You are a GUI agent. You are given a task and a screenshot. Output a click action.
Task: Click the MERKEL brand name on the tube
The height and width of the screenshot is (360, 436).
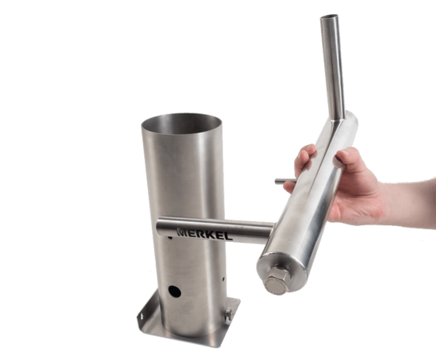(205, 235)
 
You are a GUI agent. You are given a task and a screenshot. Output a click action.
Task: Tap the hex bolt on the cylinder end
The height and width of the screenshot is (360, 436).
(277, 280)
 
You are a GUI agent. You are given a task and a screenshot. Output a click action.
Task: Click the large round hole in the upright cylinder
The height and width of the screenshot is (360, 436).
(175, 291)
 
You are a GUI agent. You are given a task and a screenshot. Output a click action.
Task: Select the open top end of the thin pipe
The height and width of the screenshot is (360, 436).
(330, 17)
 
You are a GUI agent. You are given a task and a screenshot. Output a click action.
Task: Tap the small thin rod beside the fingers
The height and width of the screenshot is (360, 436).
(285, 181)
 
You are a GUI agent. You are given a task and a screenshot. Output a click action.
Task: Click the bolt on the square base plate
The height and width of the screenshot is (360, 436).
(228, 315)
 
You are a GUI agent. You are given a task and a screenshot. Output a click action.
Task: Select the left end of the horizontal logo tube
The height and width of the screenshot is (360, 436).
(158, 227)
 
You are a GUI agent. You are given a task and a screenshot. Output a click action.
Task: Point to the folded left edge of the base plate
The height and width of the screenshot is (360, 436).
(147, 308)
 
